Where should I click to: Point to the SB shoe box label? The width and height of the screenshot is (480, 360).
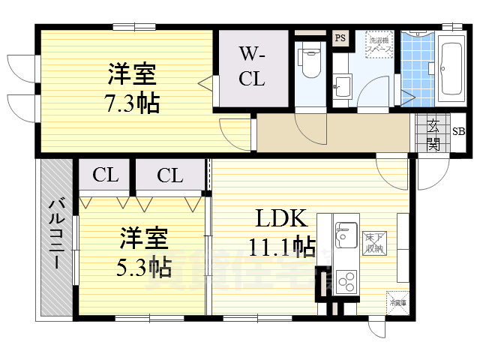click(457, 131)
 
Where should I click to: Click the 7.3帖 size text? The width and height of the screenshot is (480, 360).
click(133, 103)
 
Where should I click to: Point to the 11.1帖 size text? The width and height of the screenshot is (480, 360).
click(281, 245)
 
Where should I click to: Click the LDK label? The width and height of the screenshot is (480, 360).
click(280, 219)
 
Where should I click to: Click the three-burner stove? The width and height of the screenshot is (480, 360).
click(346, 281)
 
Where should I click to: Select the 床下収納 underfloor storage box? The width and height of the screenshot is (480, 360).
click(373, 241)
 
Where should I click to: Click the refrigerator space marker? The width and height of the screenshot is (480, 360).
click(397, 302)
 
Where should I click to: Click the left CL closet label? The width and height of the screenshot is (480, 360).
click(106, 175)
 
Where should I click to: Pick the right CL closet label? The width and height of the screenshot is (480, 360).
click(170, 175)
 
